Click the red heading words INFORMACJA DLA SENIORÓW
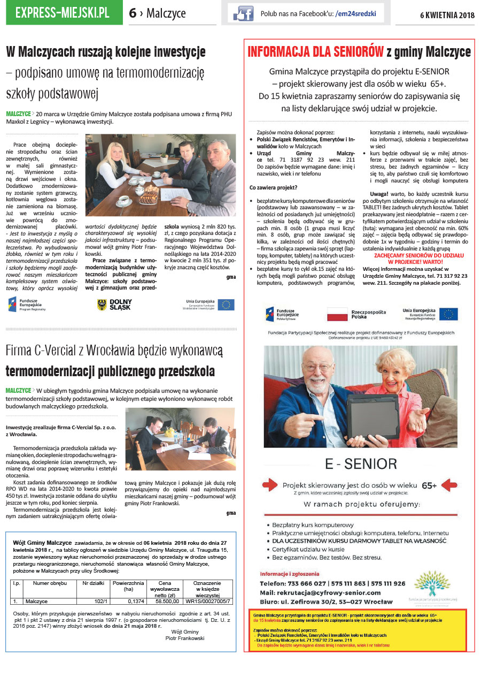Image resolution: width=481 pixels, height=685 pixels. click(315, 52)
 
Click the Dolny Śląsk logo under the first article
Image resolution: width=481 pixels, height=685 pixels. click(114, 305)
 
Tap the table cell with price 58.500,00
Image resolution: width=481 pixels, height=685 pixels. click(164, 601)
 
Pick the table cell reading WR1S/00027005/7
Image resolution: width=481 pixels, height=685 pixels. click(208, 601)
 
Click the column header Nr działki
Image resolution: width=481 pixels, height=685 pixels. click(94, 583)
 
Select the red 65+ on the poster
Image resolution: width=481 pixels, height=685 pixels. click(429, 485)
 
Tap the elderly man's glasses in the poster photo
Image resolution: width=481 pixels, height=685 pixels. click(317, 368)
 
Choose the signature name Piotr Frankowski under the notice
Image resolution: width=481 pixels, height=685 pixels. click(185, 638)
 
